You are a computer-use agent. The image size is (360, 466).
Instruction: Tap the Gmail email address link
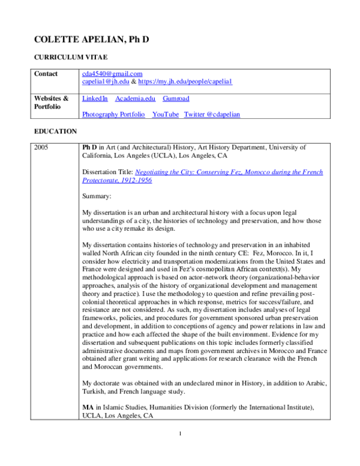click(112, 74)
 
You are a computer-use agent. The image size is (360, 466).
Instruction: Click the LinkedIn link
click(95, 98)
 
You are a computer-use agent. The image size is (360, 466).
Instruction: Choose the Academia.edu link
click(135, 98)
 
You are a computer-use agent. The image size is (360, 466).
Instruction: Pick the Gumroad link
click(176, 98)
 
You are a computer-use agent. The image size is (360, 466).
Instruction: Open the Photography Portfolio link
click(113, 114)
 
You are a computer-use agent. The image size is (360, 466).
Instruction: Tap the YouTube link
click(166, 114)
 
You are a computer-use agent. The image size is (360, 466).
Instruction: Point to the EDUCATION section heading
click(56, 131)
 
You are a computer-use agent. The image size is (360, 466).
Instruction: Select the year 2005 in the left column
click(41, 147)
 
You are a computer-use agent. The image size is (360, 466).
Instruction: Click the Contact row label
click(46, 74)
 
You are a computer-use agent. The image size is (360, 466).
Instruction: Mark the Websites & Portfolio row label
click(51, 102)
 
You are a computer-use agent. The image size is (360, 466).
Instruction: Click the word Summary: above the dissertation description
click(97, 196)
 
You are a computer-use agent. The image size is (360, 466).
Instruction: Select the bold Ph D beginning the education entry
click(89, 147)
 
